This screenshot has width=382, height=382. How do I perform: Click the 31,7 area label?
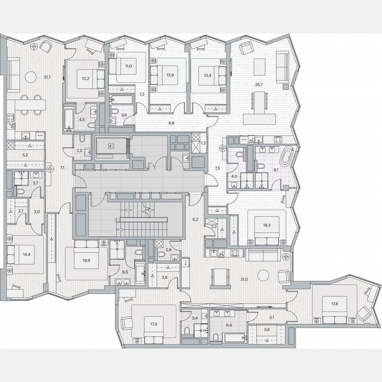point(47,77)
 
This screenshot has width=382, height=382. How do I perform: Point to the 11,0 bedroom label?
point(128,66)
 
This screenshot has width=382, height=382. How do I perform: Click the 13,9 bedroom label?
point(170,75)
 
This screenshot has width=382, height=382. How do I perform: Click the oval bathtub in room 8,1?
point(287,156)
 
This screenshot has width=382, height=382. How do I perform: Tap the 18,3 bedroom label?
point(267,225)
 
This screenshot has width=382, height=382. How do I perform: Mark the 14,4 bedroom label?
point(27,254)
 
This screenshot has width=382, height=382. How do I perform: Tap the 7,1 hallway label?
point(62,168)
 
